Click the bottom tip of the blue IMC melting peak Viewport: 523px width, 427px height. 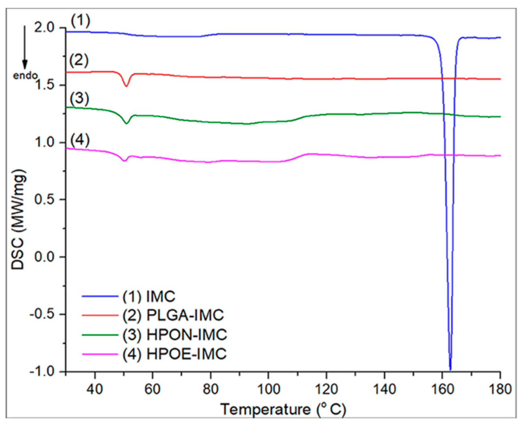(x=450, y=369)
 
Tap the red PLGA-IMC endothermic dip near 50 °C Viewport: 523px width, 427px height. (x=126, y=86)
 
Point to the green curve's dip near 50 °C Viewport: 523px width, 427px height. (x=127, y=123)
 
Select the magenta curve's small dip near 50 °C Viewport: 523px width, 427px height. (x=124, y=160)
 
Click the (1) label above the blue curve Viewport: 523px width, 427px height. (x=80, y=21)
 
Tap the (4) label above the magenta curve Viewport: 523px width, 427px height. (x=80, y=140)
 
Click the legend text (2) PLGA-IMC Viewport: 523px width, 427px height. (x=173, y=315)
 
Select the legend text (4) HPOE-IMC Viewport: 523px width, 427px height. (x=174, y=354)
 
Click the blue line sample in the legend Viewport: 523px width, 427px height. (x=100, y=296)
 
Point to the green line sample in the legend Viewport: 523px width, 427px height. (x=100, y=335)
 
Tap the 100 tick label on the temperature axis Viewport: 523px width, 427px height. (x=268, y=389)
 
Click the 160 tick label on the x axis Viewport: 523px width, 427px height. (x=442, y=389)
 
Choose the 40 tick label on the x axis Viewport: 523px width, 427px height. (x=95, y=389)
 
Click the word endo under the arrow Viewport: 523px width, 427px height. (x=25, y=76)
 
